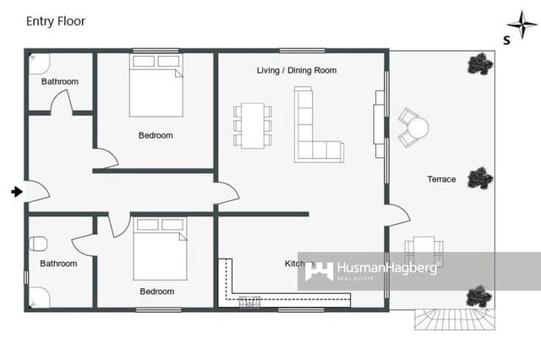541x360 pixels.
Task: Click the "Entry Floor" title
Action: click(56, 20)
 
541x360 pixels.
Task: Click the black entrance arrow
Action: click(16, 192)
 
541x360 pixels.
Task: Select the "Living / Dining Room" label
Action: click(297, 70)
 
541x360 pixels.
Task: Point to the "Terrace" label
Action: click(441, 179)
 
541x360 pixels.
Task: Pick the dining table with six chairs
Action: click(253, 125)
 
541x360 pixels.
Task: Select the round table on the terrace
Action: click(417, 128)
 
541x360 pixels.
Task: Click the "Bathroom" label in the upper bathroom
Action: click(60, 82)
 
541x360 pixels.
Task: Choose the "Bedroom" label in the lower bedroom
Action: click(156, 292)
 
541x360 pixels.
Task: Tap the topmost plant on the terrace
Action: click(480, 64)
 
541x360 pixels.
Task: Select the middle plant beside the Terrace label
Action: click(480, 177)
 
